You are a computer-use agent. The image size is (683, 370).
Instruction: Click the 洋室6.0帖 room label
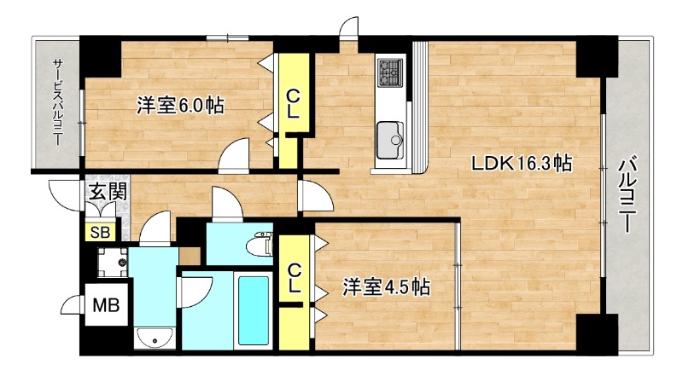point(181,107)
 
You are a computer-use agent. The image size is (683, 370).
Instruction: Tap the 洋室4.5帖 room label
point(387,287)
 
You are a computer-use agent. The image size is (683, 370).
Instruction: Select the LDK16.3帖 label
point(522,165)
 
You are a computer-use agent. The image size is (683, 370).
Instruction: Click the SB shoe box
point(99,230)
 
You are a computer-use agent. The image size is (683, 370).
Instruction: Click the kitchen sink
point(391,136)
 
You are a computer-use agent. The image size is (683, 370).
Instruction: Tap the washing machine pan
point(113,263)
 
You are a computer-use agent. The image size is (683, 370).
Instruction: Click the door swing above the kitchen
point(348,29)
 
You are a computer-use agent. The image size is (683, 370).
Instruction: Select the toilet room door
point(225,204)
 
